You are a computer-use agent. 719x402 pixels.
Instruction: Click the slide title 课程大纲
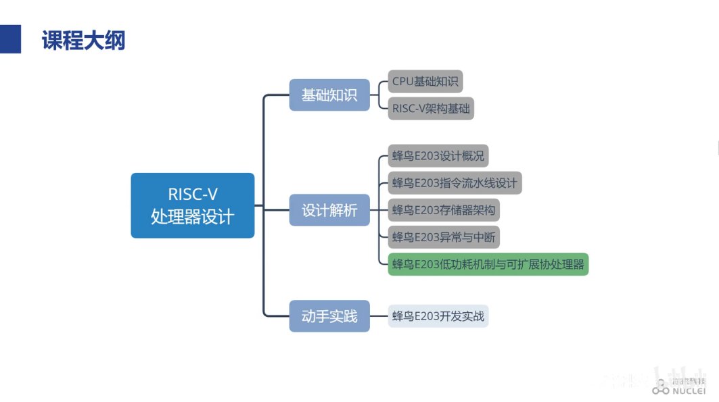point(84,41)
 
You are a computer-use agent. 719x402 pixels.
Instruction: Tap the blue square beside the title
point(10,39)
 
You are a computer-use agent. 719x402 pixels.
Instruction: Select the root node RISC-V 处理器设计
point(192,205)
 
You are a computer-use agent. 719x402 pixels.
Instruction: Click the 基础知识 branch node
point(329,95)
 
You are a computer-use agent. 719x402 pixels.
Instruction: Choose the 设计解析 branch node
point(329,210)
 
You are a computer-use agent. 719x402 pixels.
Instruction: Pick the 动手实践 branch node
point(329,316)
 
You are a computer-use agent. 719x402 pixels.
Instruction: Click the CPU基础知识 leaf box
point(425,82)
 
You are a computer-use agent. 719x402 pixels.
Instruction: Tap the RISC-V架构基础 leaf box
point(431,109)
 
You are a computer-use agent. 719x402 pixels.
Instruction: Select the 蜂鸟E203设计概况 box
point(438,156)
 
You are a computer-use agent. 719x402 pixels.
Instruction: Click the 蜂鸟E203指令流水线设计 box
point(455,183)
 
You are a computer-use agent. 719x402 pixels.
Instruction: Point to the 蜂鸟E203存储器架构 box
point(444,210)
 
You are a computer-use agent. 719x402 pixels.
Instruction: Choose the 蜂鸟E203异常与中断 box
point(444,237)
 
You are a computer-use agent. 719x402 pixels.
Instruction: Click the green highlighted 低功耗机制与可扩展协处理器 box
point(488,264)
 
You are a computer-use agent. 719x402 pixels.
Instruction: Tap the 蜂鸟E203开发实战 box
point(438,316)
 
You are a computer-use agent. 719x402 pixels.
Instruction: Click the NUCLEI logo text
point(689,390)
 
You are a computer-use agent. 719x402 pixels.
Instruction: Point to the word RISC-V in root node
point(193,195)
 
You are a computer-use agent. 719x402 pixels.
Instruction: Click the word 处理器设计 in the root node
point(193,216)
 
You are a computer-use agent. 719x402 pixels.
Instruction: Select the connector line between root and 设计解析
point(272,210)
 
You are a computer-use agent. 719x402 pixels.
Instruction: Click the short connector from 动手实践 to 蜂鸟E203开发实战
point(379,316)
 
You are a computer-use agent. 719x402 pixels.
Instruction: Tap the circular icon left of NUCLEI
point(660,390)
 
